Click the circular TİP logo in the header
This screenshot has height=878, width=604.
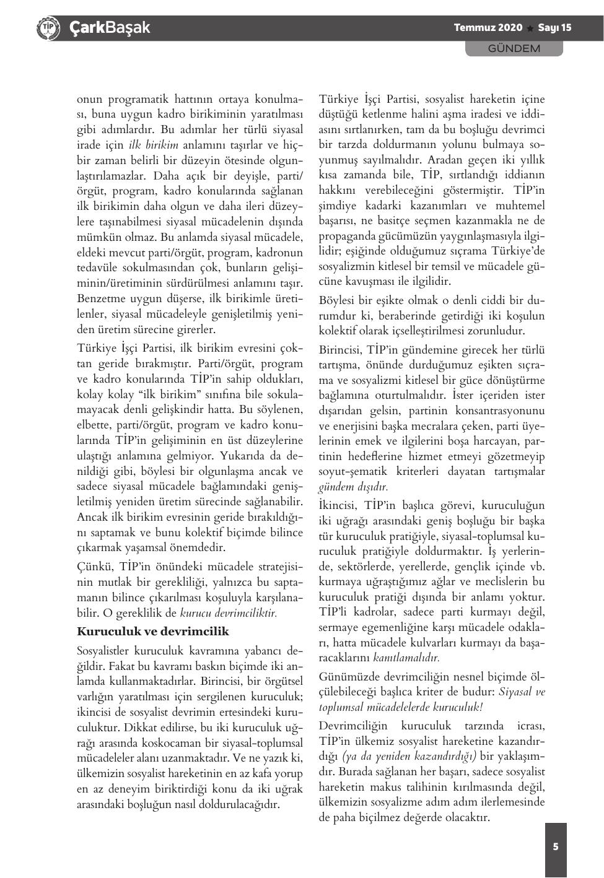pyautogui.click(x=48, y=28)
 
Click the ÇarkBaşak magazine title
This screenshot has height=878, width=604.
pyautogui.click(x=110, y=28)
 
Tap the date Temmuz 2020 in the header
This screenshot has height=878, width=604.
pyautogui.click(x=488, y=28)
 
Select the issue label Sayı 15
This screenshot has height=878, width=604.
pyautogui.click(x=554, y=28)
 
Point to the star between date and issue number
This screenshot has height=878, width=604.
pyautogui.click(x=530, y=28)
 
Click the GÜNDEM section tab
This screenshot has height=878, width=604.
pyautogui.click(x=514, y=48)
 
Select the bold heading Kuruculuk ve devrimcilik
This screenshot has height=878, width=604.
pyautogui.click(x=152, y=632)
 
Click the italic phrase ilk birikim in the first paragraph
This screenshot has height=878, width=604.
pyautogui.click(x=153, y=145)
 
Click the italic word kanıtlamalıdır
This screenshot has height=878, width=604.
pyautogui.click(x=406, y=658)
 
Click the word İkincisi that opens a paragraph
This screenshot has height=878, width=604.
pyautogui.click(x=339, y=505)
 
